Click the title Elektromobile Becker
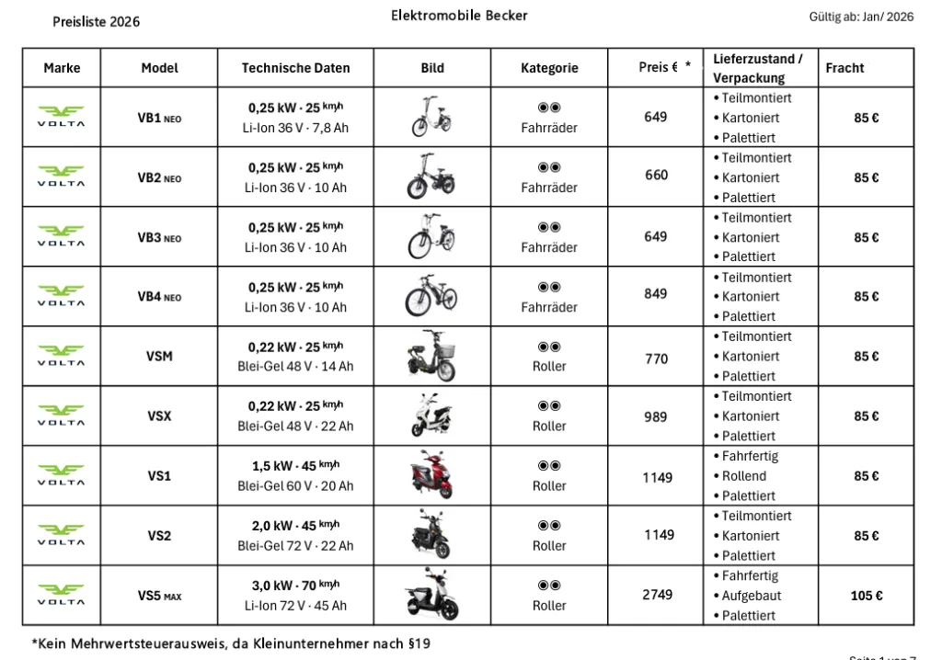pyautogui.click(x=459, y=16)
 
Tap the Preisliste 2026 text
pyautogui.click(x=97, y=21)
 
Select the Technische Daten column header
pyautogui.click(x=295, y=68)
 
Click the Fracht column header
pyautogui.click(x=844, y=68)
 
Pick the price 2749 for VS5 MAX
pyautogui.click(x=657, y=595)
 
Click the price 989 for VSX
pyautogui.click(x=656, y=416)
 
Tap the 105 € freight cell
pyautogui.click(x=867, y=596)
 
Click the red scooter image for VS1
pyautogui.click(x=431, y=477)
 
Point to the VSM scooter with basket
pyautogui.click(x=431, y=357)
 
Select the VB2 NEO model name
pyautogui.click(x=159, y=177)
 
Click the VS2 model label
pyautogui.click(x=159, y=536)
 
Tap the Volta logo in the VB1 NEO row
pyautogui.click(x=61, y=118)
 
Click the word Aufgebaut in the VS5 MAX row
pyautogui.click(x=752, y=596)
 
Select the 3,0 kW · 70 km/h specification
pyautogui.click(x=295, y=585)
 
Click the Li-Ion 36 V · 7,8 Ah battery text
pyautogui.click(x=295, y=129)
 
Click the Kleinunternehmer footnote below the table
pyautogui.click(x=231, y=643)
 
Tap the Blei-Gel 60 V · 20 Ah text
pyautogui.click(x=295, y=486)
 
